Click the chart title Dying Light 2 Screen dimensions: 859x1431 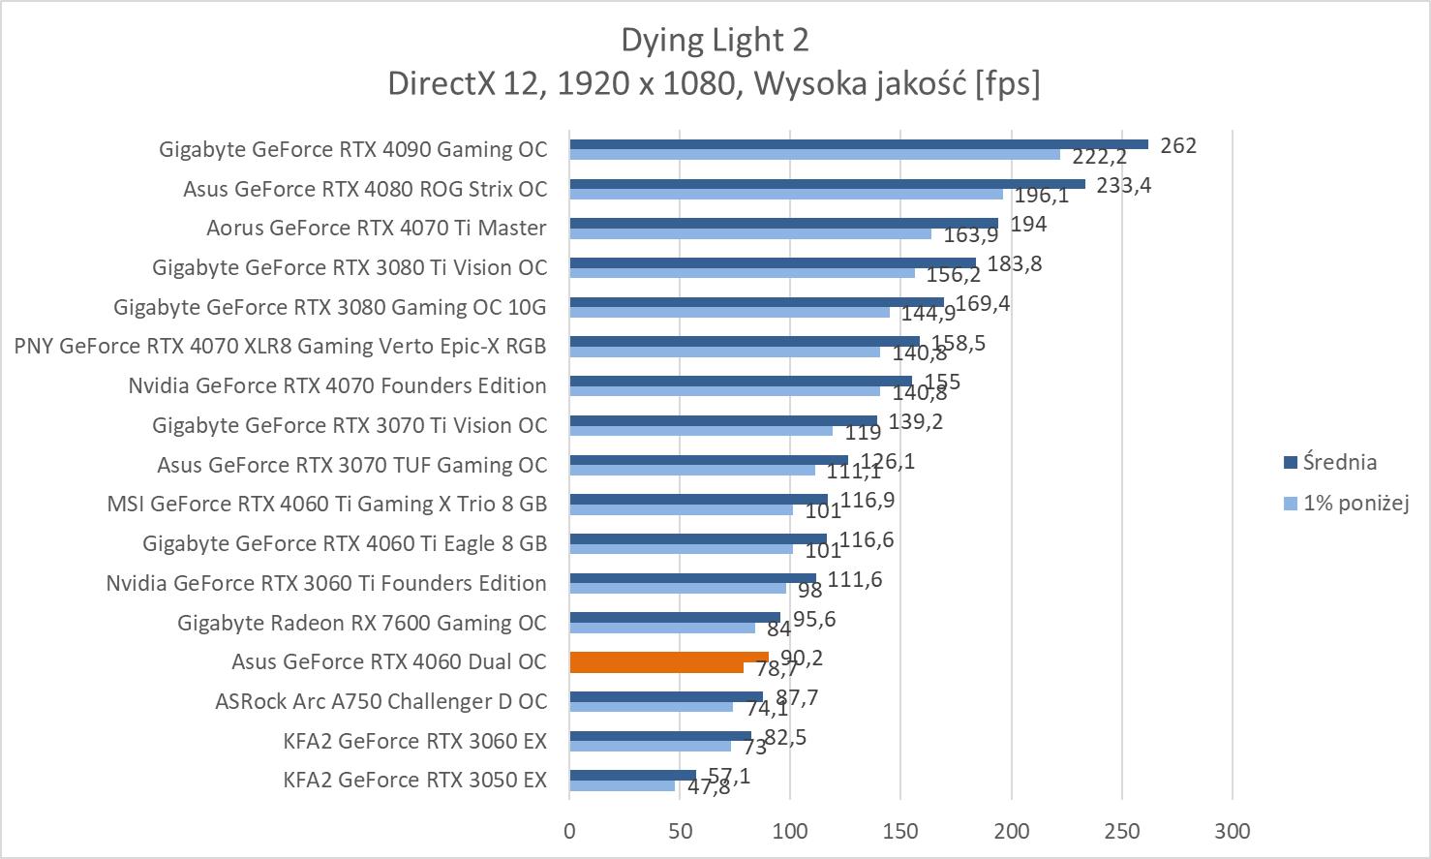(x=715, y=40)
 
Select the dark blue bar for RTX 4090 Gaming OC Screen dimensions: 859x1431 (x=858, y=144)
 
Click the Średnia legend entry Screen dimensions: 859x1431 (x=1339, y=462)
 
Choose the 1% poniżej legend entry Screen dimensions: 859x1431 (x=1355, y=503)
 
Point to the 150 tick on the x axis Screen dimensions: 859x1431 (x=900, y=831)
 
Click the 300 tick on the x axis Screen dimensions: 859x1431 (x=1233, y=831)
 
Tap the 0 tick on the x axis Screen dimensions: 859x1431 (x=569, y=831)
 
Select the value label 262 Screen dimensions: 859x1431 (x=1178, y=145)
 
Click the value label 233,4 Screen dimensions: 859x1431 (x=1123, y=185)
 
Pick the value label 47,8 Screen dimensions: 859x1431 (x=709, y=786)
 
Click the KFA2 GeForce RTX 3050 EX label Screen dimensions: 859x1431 (x=414, y=780)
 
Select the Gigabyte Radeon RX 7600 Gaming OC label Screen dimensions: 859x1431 (x=361, y=623)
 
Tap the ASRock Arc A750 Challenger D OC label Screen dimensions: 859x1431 (x=381, y=701)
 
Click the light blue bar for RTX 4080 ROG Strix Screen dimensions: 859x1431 (x=785, y=194)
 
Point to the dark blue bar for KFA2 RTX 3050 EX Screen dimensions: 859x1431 (x=632, y=775)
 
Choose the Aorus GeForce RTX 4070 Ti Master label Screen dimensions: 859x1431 (x=376, y=228)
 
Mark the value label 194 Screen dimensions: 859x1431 (x=1028, y=224)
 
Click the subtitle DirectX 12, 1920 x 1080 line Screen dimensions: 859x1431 (x=714, y=83)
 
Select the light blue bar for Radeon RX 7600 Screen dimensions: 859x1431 (x=662, y=628)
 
